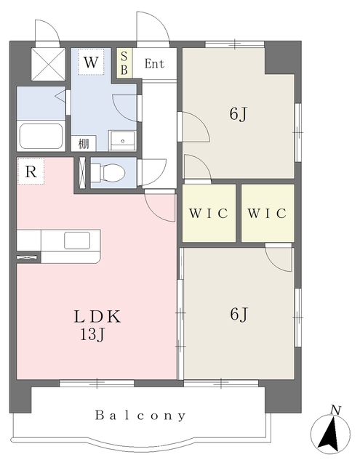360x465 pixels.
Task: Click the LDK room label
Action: coord(97,317)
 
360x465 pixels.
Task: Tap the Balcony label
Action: coord(140,416)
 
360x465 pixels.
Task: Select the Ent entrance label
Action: coord(154,64)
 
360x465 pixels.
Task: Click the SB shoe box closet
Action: coord(124,63)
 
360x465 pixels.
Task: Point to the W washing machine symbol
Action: coord(91,62)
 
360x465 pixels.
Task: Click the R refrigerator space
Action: coord(31,171)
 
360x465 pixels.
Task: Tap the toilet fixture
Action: coord(108,173)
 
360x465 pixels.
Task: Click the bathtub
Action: coord(41,136)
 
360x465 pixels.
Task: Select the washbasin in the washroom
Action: coord(122,141)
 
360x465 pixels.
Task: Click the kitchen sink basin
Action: coord(77,240)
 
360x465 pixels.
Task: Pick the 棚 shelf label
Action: coord(84,144)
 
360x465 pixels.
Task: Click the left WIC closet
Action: coord(209,213)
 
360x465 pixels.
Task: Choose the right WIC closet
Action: coord(268,213)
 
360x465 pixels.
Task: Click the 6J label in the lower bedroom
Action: coord(239,314)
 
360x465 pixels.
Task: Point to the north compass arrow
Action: coord(330,433)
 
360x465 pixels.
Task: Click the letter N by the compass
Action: coord(335,410)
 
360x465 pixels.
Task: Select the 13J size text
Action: coord(92,335)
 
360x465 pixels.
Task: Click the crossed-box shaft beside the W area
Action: coord(48,64)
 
